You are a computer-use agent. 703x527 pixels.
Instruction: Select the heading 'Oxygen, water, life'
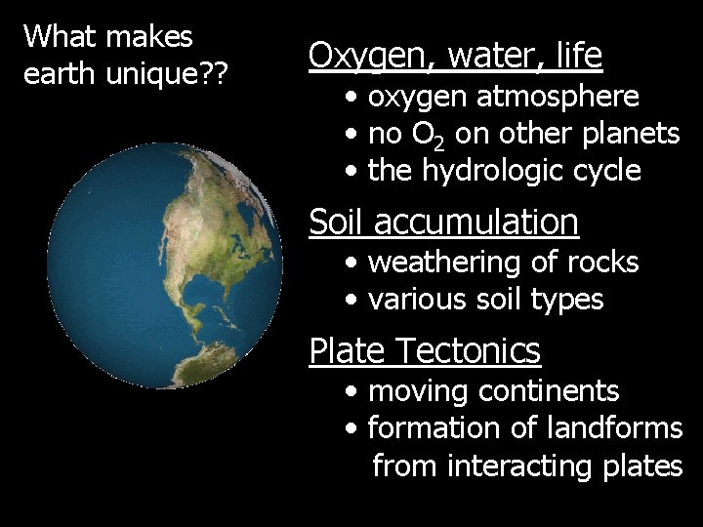(455, 56)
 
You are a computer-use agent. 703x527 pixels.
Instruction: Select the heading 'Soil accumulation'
(443, 223)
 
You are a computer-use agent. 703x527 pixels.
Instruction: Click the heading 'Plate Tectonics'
(424, 350)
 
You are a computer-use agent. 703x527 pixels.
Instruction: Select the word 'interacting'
(509, 466)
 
